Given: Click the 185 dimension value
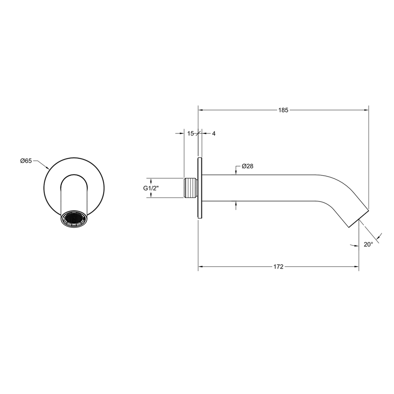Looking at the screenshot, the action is pyautogui.click(x=283, y=110).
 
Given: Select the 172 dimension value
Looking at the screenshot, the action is pyautogui.click(x=279, y=267).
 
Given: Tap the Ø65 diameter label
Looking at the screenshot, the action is pyautogui.click(x=26, y=161).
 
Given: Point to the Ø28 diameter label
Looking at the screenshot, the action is pyautogui.click(x=247, y=166).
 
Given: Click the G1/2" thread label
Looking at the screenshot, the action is pyautogui.click(x=151, y=188).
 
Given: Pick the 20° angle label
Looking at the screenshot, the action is pyautogui.click(x=368, y=244).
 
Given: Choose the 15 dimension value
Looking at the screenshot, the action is pyautogui.click(x=190, y=134).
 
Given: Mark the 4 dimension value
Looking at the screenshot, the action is pyautogui.click(x=214, y=134).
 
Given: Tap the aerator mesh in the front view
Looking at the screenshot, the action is pyautogui.click(x=74, y=219).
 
